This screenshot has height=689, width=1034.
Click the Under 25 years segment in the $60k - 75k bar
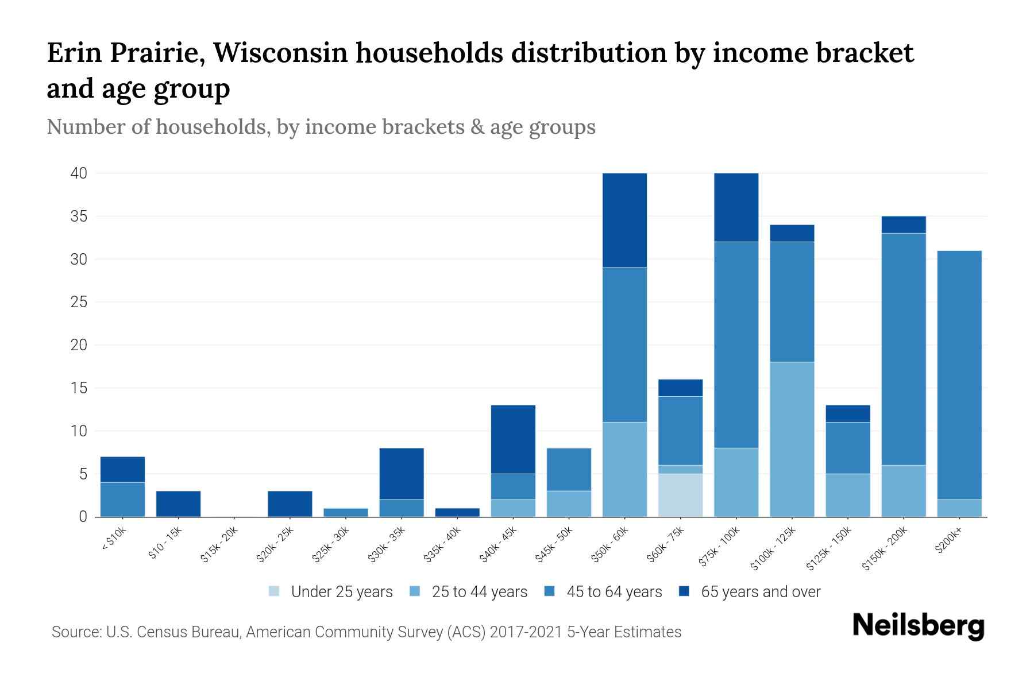[681, 495]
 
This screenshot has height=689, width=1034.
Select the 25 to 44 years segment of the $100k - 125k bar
[792, 439]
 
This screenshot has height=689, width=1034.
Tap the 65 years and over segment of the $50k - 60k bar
[625, 220]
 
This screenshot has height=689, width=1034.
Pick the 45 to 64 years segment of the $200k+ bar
[959, 375]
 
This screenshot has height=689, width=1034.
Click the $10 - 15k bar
[178, 504]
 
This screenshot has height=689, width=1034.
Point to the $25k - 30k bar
[346, 512]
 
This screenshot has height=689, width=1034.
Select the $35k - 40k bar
[458, 512]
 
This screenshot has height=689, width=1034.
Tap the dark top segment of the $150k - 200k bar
[904, 224]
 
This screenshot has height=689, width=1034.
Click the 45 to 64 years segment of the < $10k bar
[122, 500]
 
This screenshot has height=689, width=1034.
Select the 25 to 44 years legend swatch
[415, 591]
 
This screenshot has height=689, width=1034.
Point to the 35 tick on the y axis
[79, 216]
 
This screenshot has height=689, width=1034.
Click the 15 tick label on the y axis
[79, 388]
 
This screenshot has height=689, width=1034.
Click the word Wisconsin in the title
[281, 53]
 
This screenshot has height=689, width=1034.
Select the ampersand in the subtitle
[476, 127]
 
